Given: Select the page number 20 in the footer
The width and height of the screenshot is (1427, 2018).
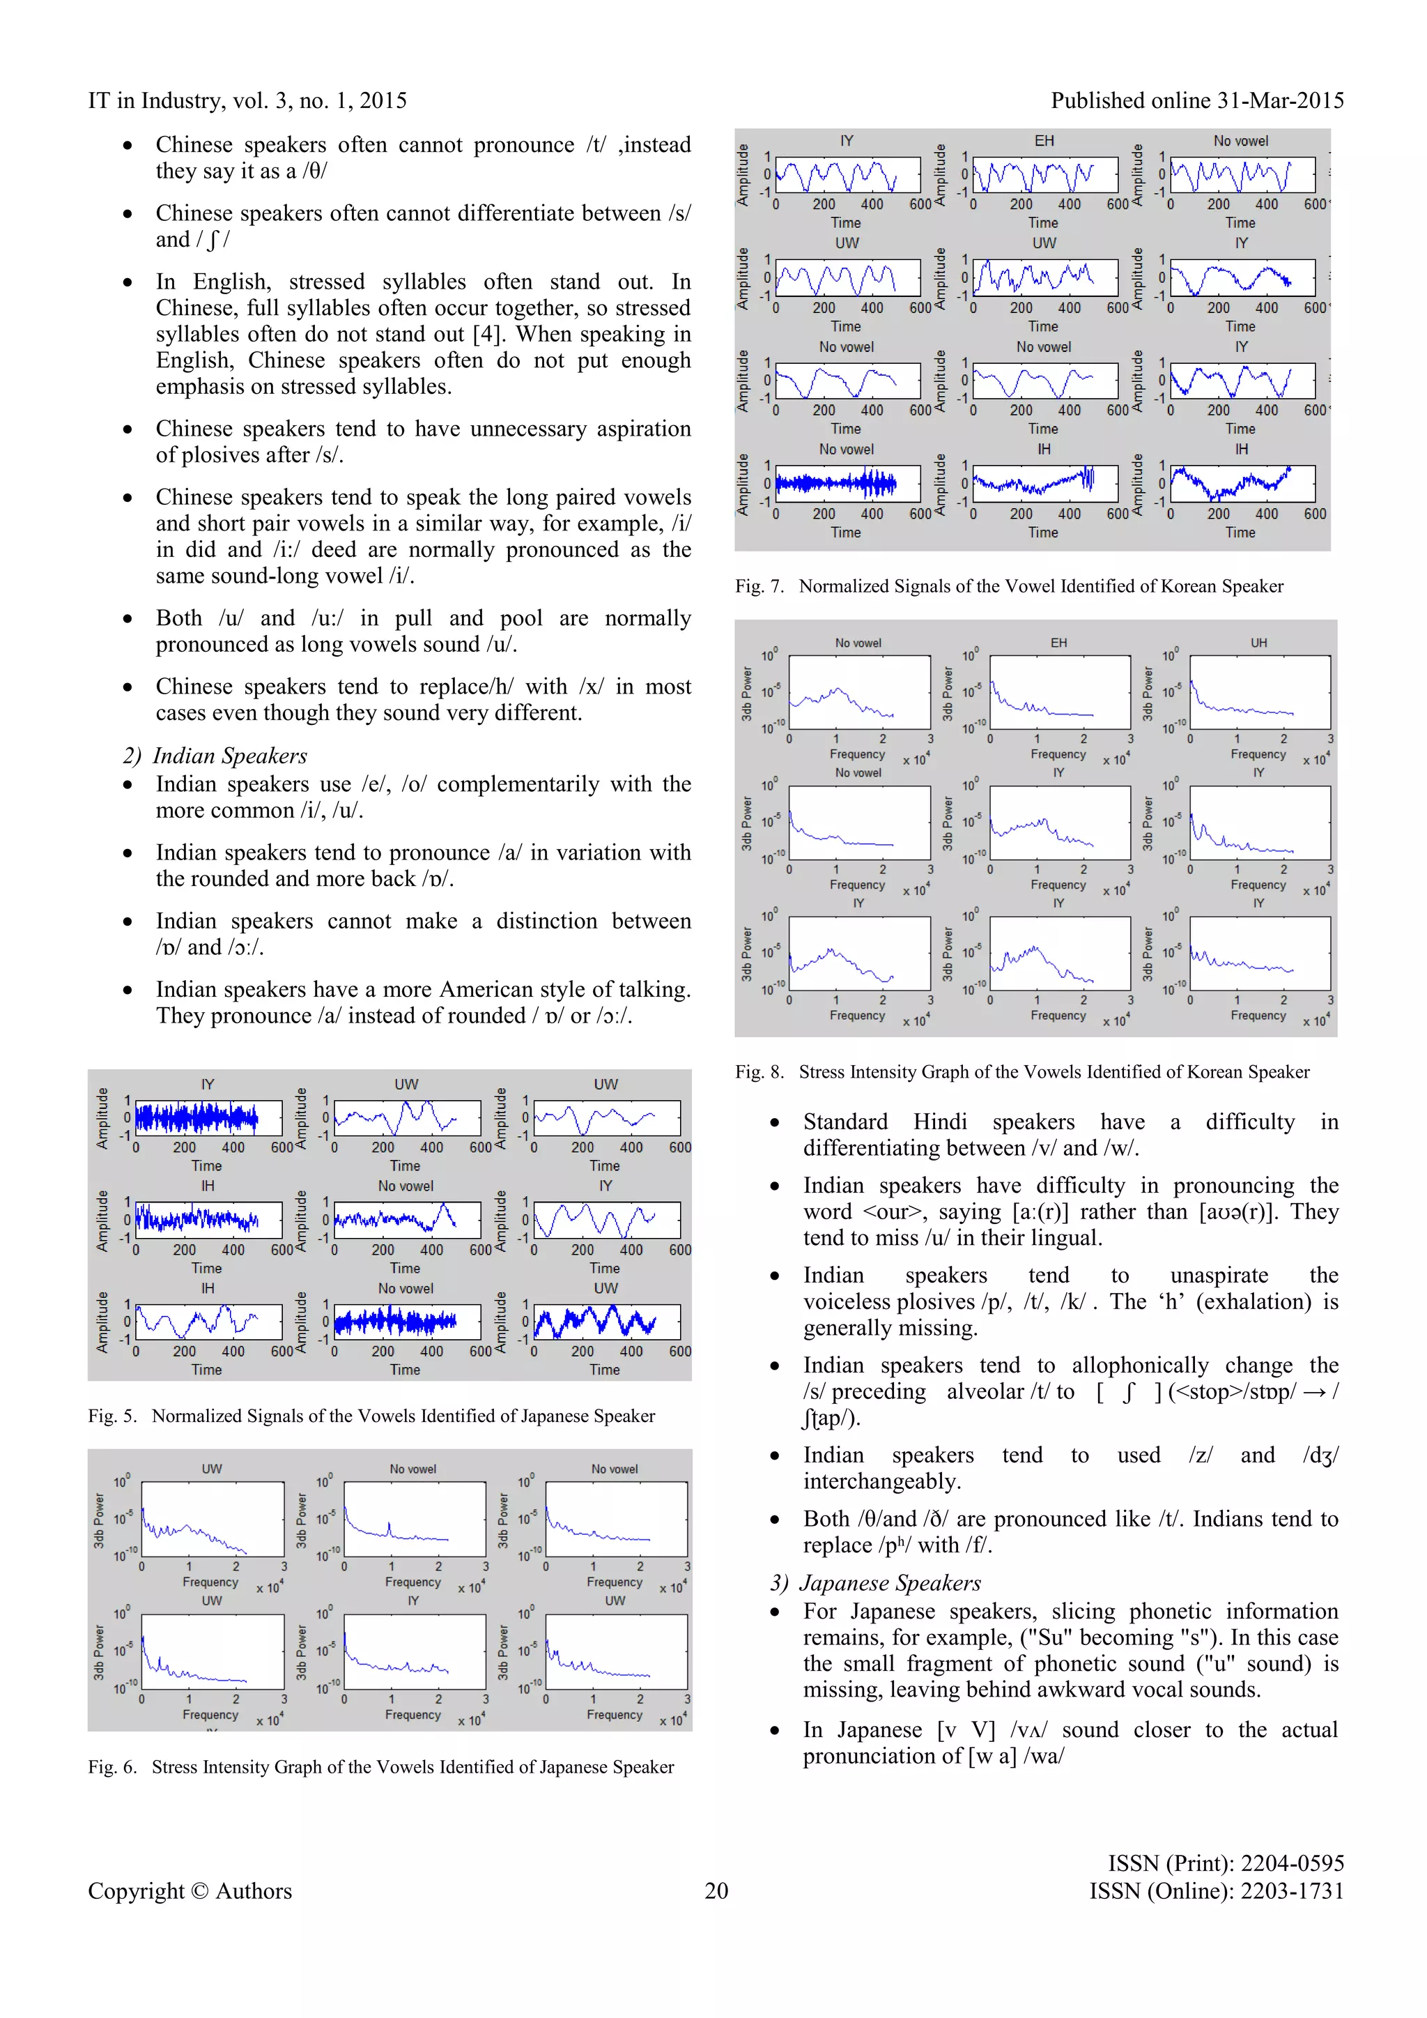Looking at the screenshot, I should (x=716, y=1890).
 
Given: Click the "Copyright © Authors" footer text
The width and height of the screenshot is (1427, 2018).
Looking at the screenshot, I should (x=190, y=1890).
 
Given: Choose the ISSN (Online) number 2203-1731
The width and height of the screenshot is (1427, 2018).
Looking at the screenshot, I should (x=1292, y=1890).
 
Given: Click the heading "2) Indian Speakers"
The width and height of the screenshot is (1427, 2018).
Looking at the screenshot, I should (x=215, y=756).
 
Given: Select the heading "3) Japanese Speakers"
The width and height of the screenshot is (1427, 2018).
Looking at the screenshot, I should (x=876, y=1583).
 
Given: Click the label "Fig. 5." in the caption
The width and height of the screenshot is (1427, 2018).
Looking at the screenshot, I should (x=112, y=1416).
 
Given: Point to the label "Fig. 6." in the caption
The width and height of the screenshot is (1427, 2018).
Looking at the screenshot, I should (x=112, y=1766).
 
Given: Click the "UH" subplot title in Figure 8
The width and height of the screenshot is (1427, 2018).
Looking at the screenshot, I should (x=1258, y=643).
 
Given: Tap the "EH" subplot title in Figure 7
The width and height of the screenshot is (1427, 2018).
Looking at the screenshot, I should (x=1044, y=141).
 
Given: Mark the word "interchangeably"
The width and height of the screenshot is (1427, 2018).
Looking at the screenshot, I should (x=881, y=1482).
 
